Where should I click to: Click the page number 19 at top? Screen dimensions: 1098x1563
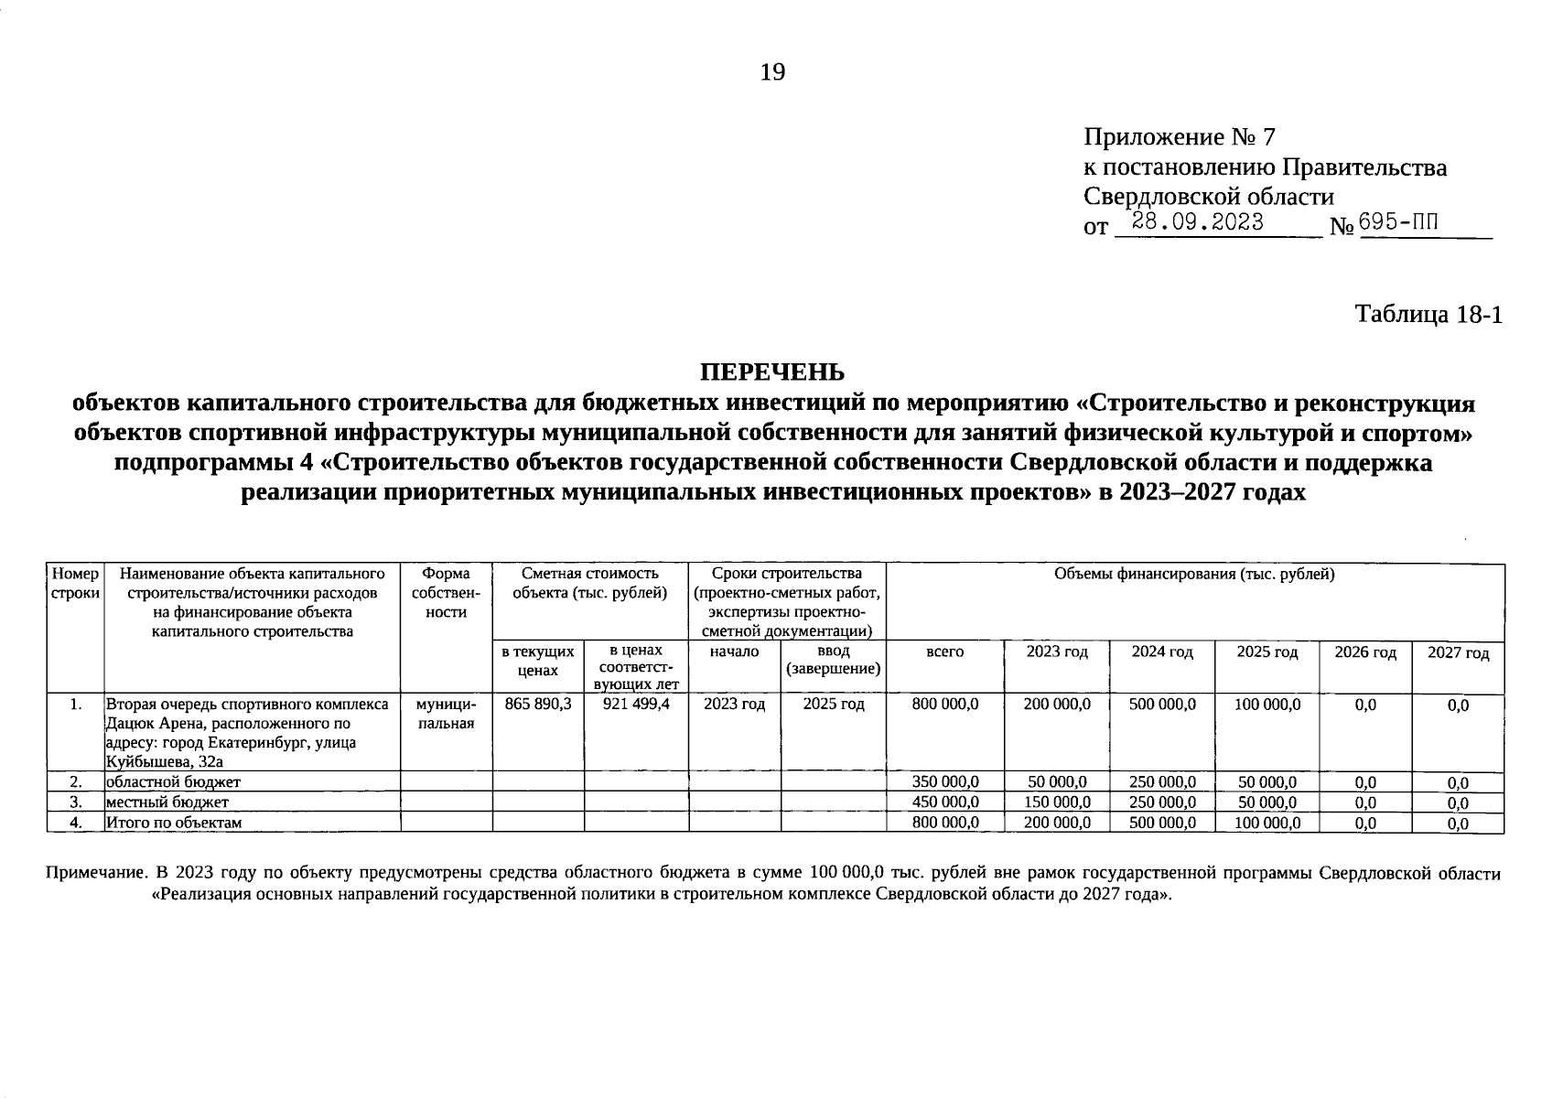point(772,72)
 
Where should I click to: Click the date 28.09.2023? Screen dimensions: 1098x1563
point(1197,221)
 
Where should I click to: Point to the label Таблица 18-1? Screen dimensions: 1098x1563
point(1428,314)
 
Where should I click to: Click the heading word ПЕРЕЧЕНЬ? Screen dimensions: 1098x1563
point(772,372)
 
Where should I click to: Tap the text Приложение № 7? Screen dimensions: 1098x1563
point(1179,137)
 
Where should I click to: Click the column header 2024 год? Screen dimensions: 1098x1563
point(1161,651)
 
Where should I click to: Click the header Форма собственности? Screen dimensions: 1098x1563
point(446,592)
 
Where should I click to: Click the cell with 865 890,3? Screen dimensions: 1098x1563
point(538,704)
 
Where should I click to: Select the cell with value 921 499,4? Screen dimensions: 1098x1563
point(636,704)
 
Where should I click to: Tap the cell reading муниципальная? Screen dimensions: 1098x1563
point(446,713)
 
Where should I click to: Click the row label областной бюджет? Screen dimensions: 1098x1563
point(173,781)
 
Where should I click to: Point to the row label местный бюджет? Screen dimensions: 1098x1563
point(167,802)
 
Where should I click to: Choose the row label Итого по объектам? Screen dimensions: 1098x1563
point(174,823)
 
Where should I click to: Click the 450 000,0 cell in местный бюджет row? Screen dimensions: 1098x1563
point(945,802)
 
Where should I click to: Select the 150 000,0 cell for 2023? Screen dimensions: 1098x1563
point(1056,802)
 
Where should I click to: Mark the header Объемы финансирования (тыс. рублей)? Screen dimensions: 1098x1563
point(1194,575)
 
